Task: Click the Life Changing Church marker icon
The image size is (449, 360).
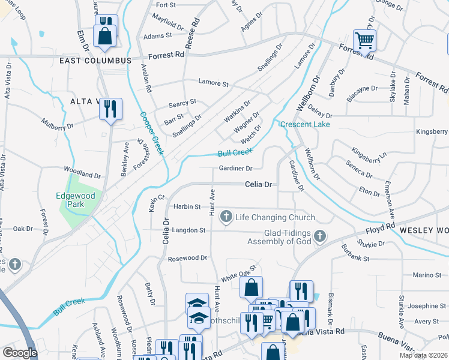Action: click(x=227, y=217)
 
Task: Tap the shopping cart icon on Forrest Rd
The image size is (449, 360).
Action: click(x=364, y=41)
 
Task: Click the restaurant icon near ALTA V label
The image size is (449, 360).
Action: click(x=110, y=109)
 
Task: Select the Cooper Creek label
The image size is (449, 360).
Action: click(x=152, y=133)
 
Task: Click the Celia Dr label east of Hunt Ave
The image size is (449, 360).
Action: click(x=259, y=185)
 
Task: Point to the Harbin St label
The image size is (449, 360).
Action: click(x=187, y=206)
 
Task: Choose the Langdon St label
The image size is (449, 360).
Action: click(x=188, y=230)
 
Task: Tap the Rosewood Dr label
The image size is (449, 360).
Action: click(x=187, y=258)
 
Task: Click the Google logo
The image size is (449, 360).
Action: click(x=20, y=353)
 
